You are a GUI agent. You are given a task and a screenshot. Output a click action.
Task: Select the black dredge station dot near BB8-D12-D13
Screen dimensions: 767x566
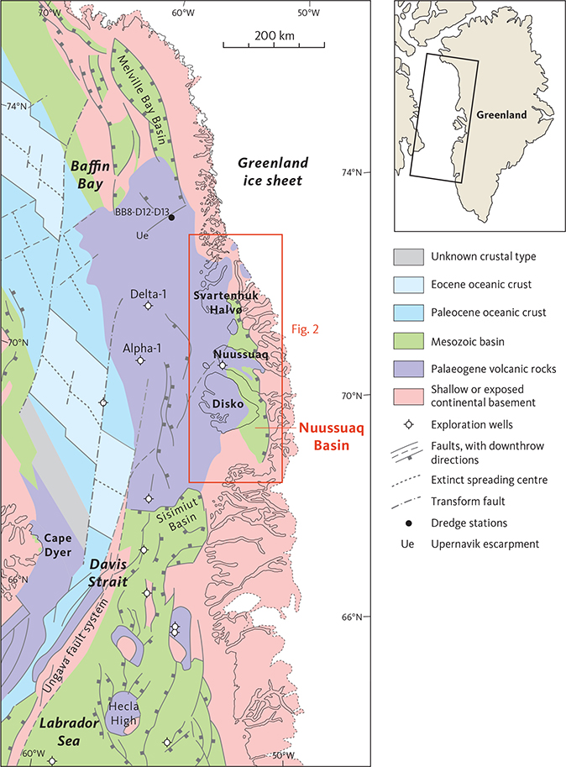(x=171, y=218)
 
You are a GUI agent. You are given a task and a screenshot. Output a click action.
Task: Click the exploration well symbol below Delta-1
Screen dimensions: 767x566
(x=149, y=307)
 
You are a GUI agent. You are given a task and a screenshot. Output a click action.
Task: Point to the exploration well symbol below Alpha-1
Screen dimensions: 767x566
(x=140, y=360)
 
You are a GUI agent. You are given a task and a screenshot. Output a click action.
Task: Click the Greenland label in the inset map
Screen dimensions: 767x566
(x=500, y=114)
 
